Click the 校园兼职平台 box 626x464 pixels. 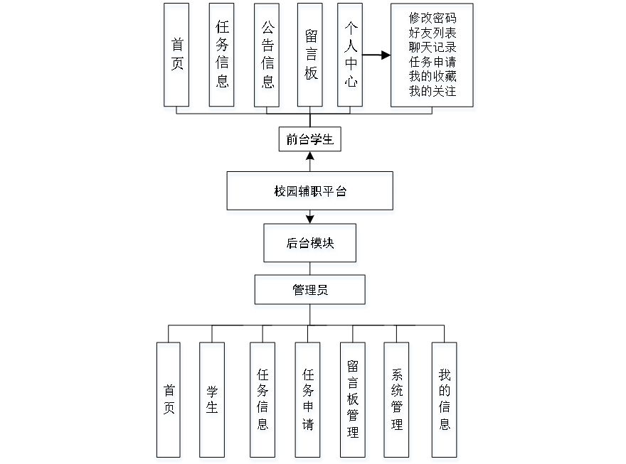pos(310,193)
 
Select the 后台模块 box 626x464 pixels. pos(311,245)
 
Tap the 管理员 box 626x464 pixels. pos(311,292)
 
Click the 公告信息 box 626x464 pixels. pos(267,57)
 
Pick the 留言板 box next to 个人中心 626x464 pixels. pos(311,57)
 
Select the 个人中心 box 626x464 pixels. pos(351,57)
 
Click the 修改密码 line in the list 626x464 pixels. pos(433,19)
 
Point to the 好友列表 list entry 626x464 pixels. pos(433,33)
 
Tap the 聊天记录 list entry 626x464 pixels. pos(433,48)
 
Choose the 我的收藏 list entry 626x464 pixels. pos(433,77)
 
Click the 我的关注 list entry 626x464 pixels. pos(433,92)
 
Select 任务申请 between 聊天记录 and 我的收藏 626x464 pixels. pos(433,63)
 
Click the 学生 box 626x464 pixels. pos(213,401)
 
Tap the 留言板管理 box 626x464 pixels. pos(354,401)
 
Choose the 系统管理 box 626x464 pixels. pos(397,401)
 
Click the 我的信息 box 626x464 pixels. pos(445,401)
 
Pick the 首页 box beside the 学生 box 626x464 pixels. pos(169,401)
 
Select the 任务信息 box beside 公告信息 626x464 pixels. pos(223,57)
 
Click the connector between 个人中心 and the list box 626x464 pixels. pos(378,55)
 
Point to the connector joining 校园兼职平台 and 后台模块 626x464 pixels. pos(310,220)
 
